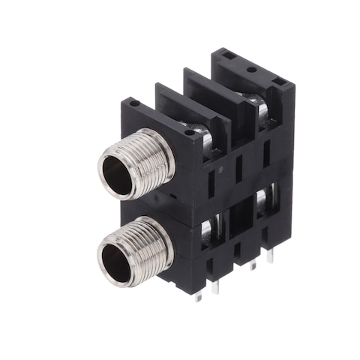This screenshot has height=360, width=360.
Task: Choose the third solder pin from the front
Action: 252,264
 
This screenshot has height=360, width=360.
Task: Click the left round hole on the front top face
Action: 133,104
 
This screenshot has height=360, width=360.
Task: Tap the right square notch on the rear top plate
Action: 279,81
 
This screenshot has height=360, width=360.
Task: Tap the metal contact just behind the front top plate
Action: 196,129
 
